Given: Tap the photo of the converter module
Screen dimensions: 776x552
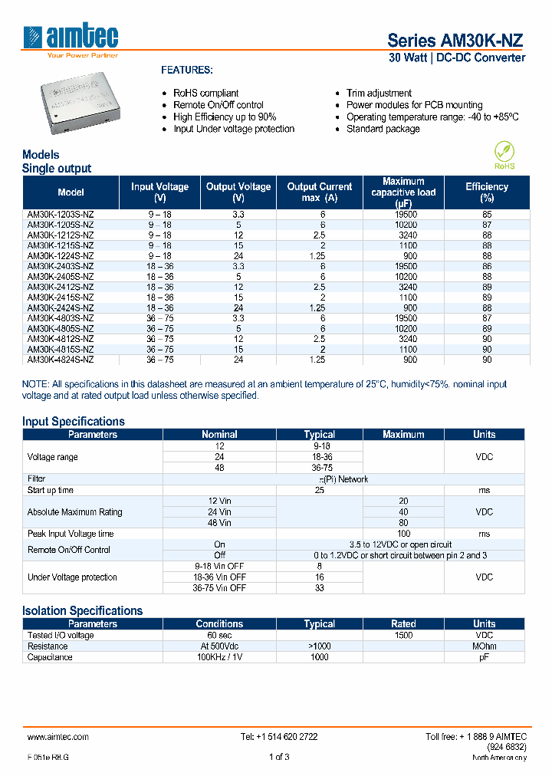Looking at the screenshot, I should click(x=83, y=104).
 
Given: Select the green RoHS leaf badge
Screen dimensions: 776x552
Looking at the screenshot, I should click(x=504, y=154).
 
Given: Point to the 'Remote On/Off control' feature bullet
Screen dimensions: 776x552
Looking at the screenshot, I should click(x=218, y=105).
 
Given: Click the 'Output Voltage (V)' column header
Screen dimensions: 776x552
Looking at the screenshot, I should click(x=238, y=192).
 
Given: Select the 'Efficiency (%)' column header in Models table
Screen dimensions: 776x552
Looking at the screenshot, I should click(x=487, y=192).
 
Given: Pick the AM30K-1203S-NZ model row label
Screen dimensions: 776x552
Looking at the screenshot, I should click(x=61, y=215).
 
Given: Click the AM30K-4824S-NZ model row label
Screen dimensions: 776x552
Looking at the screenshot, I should click(x=61, y=359).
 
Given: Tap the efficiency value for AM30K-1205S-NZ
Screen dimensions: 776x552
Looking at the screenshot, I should click(x=487, y=225).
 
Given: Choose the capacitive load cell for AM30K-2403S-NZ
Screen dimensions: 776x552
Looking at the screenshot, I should click(x=403, y=266).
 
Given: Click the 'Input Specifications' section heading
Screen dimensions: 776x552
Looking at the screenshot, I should click(x=74, y=421).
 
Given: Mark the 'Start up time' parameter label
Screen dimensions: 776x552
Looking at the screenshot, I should click(x=51, y=490).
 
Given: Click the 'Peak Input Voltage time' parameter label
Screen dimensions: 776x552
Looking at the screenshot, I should click(x=71, y=534).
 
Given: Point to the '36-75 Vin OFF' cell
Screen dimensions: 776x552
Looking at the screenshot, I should click(x=219, y=588).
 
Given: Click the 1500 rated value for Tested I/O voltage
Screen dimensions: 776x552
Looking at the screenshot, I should click(x=403, y=635).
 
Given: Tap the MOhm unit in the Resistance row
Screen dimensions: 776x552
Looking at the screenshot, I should click(x=484, y=646).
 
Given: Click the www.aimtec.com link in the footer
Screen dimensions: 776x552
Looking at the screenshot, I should click(x=58, y=736).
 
